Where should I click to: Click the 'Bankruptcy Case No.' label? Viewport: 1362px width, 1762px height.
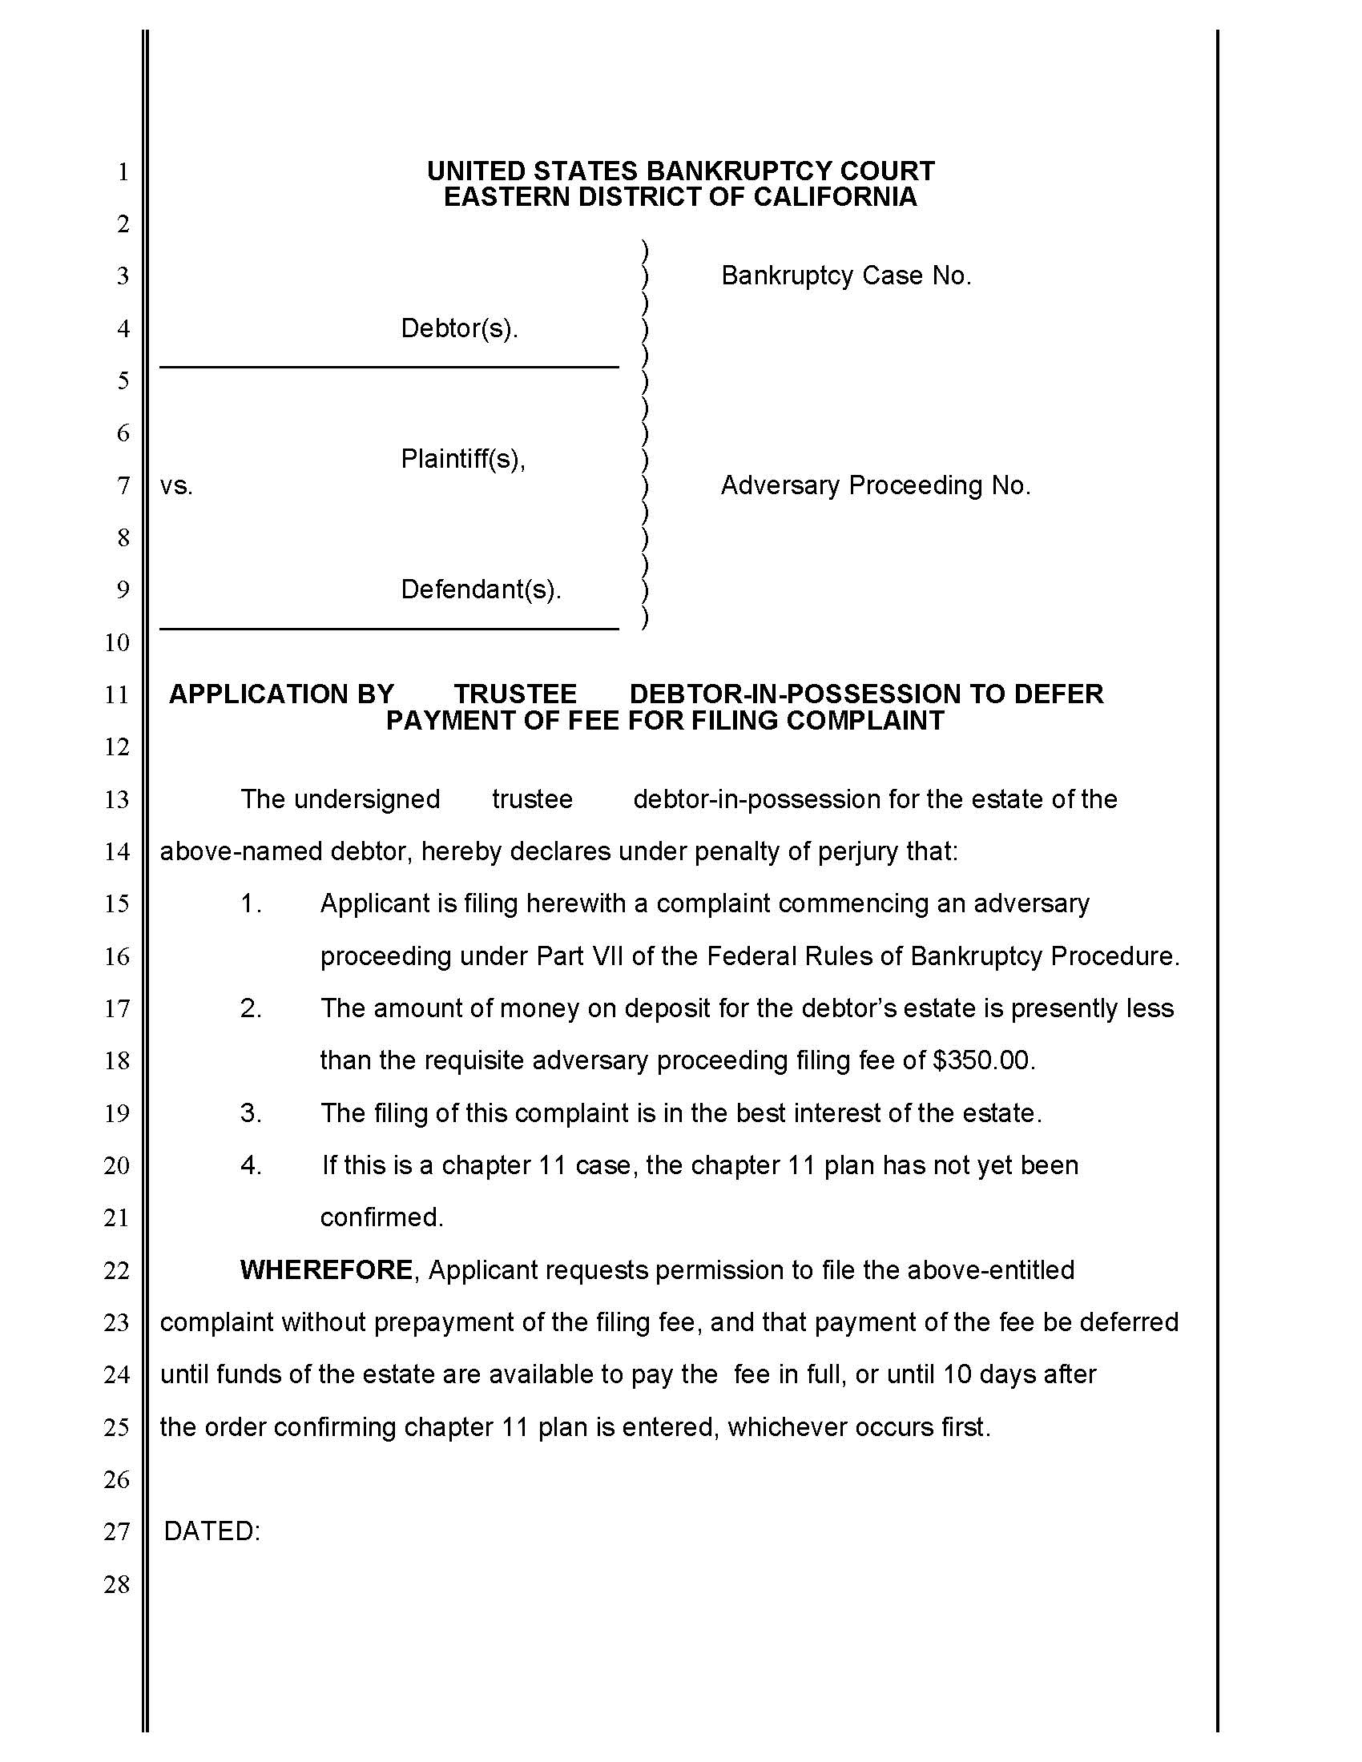(845, 276)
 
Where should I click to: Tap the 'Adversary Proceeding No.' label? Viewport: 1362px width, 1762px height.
(876, 485)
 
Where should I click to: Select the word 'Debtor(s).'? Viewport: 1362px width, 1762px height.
(459, 328)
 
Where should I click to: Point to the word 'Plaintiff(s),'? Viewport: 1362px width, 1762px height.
(463, 459)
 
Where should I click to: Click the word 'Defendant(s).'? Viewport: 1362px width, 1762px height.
(481, 589)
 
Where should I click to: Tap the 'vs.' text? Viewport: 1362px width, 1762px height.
(176, 485)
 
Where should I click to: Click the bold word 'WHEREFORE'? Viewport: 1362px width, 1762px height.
(327, 1270)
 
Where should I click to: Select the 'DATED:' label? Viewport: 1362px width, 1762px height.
(212, 1531)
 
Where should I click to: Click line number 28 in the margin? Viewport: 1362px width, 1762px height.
(117, 1584)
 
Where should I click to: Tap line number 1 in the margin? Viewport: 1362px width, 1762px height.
(123, 172)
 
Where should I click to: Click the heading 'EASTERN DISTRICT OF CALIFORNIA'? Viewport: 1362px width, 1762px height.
(680, 197)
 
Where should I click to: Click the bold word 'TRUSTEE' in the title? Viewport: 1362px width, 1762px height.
(515, 694)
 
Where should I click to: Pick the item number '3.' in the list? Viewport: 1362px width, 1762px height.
(251, 1113)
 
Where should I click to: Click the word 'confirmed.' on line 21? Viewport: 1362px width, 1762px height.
(381, 1217)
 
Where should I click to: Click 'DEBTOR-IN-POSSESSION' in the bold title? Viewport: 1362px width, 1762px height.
(794, 694)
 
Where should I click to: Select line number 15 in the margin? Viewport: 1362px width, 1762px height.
(117, 903)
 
